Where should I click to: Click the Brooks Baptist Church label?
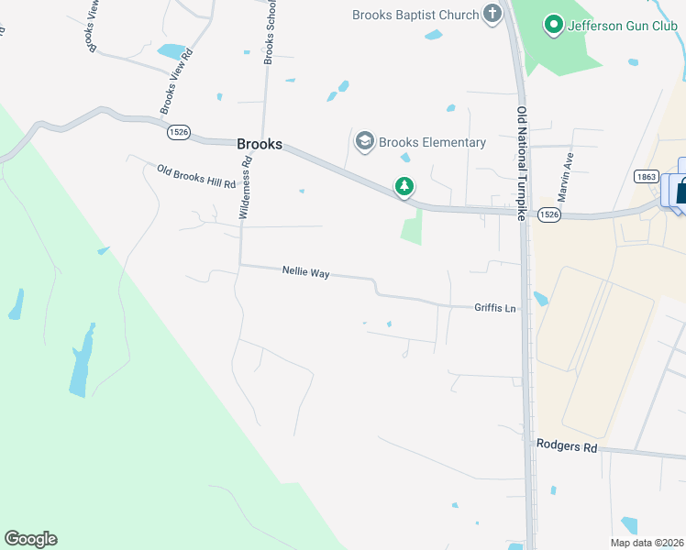coord(416,15)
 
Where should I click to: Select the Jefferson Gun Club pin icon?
coord(553,24)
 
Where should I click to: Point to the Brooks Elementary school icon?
coord(364,141)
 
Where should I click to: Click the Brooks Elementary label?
coord(432,142)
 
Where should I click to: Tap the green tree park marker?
coord(404,187)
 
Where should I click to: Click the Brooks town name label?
coord(260,144)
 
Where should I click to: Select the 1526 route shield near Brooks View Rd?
coord(179,132)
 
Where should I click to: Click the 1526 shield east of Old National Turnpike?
coord(548,214)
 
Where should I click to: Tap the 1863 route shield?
coord(645,175)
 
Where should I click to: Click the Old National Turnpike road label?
coord(522,162)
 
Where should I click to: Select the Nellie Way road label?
coord(305,272)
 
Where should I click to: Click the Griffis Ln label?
coord(496,308)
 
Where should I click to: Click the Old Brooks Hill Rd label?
coord(196,176)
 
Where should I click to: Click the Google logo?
coord(30,539)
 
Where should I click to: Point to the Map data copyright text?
coord(647,543)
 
